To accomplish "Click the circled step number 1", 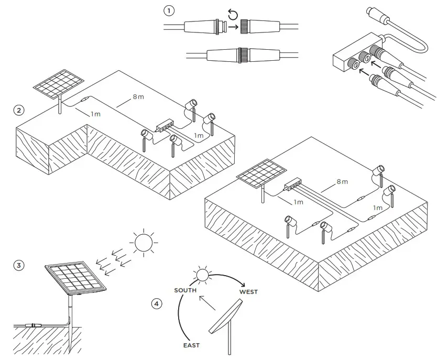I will [168, 10].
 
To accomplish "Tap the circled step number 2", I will [19, 110].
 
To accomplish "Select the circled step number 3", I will [19, 265].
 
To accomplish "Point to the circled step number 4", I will [156, 303].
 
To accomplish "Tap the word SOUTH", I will [185, 290].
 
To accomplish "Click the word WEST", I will [248, 292].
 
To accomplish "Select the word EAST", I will [191, 345].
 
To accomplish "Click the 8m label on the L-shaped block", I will [138, 97].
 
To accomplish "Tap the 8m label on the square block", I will [342, 181].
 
